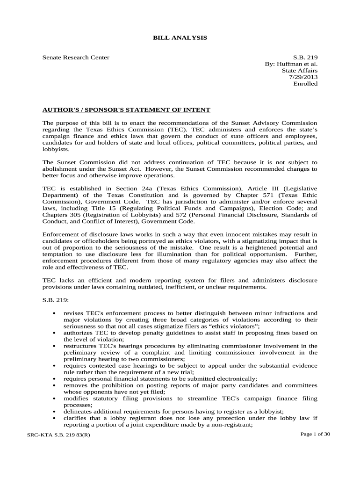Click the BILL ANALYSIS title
click(180, 37)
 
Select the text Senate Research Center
click(76, 58)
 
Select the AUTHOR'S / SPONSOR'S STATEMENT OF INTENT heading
click(126, 110)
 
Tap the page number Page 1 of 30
click(315, 434)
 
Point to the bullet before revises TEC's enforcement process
click(56, 313)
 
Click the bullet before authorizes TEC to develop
click(56, 333)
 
